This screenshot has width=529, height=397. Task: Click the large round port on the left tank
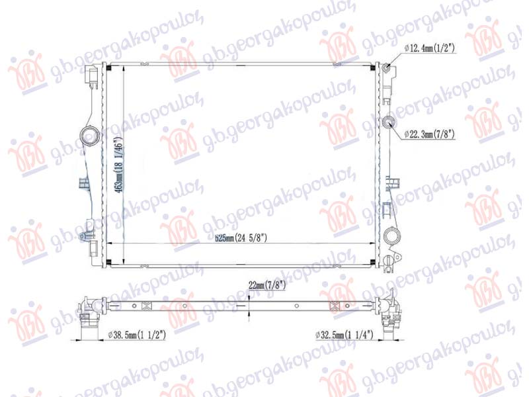(x=87, y=137)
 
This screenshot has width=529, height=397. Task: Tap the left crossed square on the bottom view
(x=147, y=305)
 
